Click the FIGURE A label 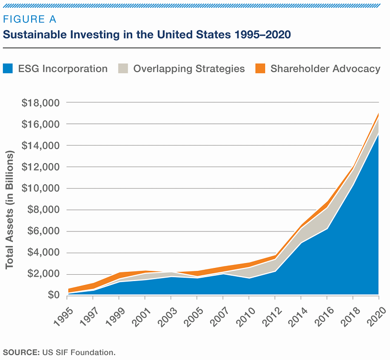click(30, 19)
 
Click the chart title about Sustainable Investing click(147, 35)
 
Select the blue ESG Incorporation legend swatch click(9, 69)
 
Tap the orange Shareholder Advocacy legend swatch click(261, 69)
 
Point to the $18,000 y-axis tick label click(40, 103)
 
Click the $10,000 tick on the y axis click(40, 189)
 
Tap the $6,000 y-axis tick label click(42, 231)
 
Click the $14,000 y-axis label click(40, 146)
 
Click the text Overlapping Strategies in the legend click(189, 69)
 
